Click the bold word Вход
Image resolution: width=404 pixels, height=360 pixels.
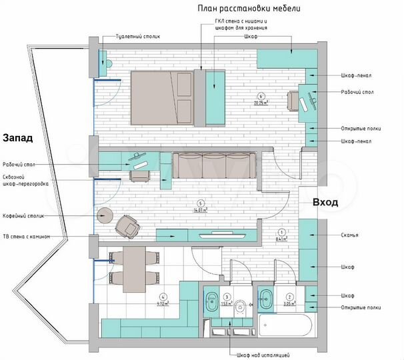point(325,202)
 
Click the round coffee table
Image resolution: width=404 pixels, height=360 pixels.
point(105,215)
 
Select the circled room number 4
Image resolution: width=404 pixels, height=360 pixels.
point(162,297)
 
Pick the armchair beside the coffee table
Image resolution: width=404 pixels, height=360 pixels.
point(127,226)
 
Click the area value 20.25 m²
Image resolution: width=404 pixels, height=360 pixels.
point(261,103)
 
